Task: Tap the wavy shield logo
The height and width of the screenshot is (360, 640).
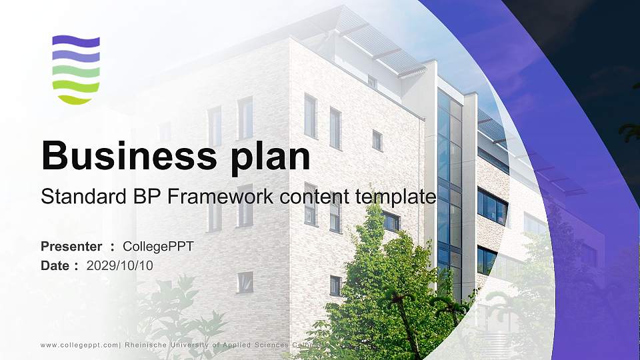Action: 76,70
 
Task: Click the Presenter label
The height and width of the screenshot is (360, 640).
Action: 71,247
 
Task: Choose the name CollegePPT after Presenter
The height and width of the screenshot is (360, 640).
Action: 158,247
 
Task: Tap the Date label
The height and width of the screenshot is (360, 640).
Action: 55,266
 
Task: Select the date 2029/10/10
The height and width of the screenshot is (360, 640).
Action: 120,266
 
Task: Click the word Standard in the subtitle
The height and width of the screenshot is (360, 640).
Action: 84,197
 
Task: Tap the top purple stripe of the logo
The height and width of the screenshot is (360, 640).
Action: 76,41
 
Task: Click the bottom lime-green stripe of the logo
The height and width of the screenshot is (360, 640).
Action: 76,99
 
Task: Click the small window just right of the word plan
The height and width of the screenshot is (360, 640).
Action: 377,141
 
